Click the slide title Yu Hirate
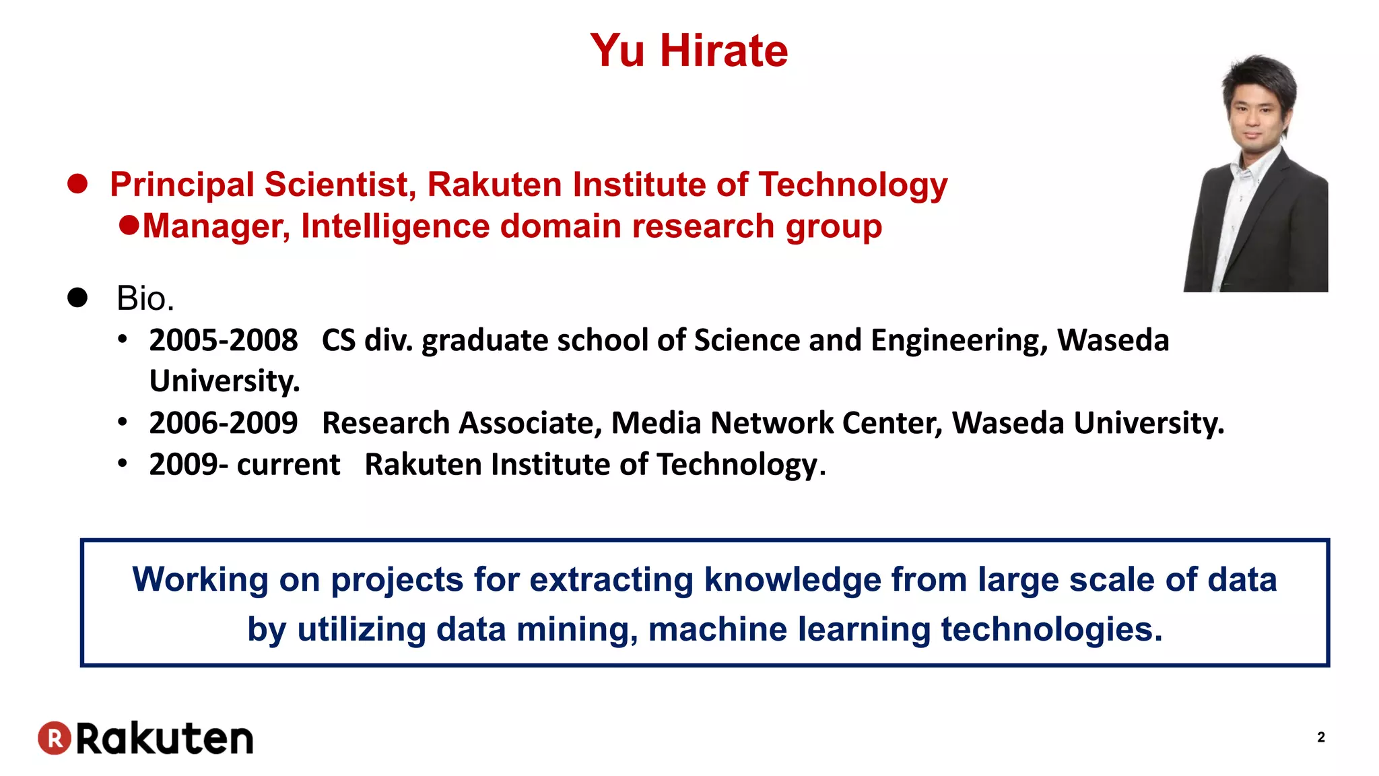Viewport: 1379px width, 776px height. click(689, 51)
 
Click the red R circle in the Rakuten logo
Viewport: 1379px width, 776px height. click(55, 738)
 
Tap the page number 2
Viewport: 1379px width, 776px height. click(1320, 737)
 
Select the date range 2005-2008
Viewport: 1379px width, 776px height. click(224, 340)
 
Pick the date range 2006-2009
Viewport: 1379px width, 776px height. click(224, 423)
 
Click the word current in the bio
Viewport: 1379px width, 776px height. click(288, 465)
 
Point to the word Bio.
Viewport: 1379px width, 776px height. click(145, 298)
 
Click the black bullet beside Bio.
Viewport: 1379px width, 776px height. click(77, 297)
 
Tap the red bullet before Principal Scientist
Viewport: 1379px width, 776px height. click(77, 184)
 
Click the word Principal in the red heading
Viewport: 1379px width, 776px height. click(182, 185)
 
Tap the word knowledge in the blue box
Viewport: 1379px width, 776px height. click(793, 579)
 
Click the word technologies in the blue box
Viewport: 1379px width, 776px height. click(1051, 630)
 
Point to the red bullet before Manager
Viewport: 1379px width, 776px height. click(129, 225)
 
